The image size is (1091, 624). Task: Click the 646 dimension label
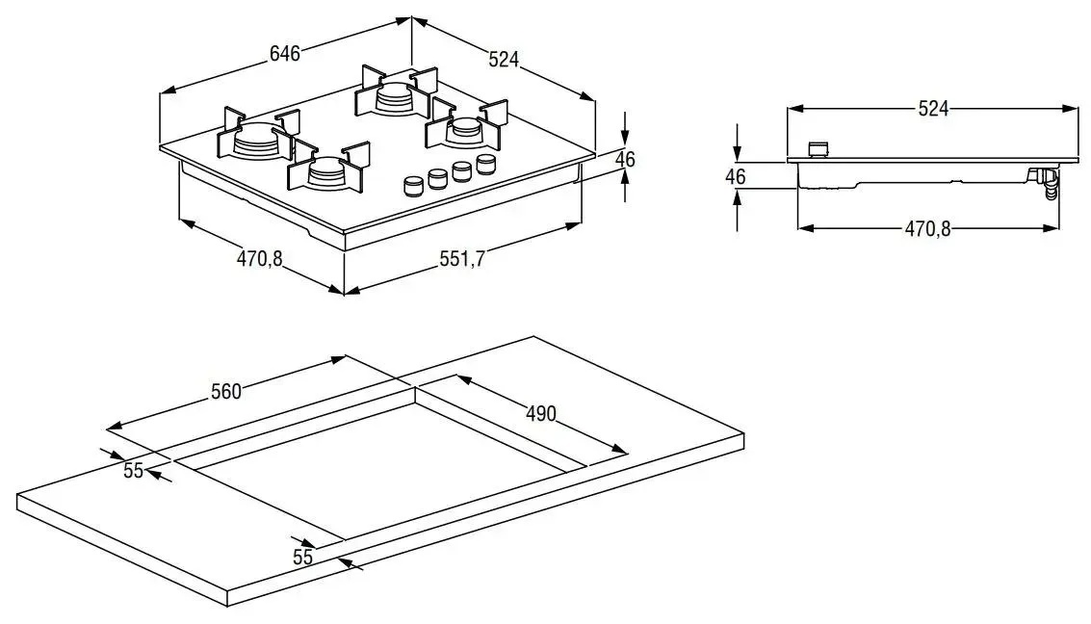click(x=284, y=54)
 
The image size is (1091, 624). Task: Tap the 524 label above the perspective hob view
click(x=504, y=60)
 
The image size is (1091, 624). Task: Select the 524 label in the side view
click(x=932, y=109)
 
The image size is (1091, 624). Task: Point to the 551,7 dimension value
click(x=461, y=259)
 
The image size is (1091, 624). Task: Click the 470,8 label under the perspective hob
click(x=259, y=258)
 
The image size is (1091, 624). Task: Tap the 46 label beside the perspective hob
click(x=626, y=160)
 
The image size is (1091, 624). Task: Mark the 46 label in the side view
click(x=736, y=176)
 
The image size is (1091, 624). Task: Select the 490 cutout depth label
click(x=540, y=413)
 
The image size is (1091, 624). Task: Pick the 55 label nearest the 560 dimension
click(x=133, y=470)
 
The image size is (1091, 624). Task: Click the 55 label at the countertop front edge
click(x=303, y=557)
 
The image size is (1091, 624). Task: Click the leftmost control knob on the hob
click(x=414, y=185)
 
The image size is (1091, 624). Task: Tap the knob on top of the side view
click(x=818, y=149)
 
